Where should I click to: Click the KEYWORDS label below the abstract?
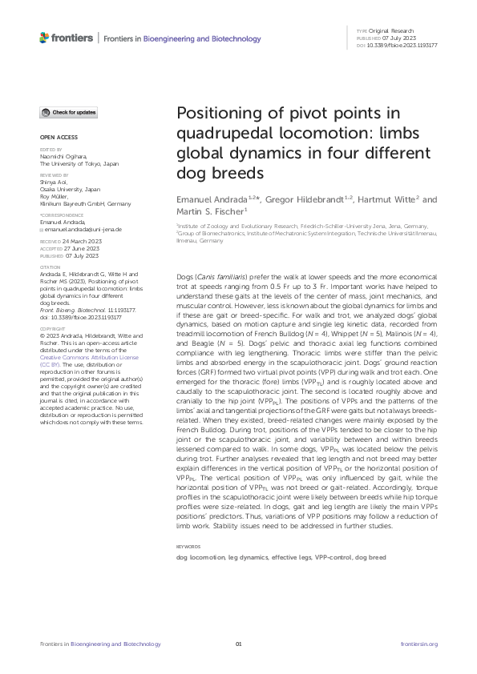coord(189,547)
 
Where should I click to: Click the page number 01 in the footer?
coord(238,644)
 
